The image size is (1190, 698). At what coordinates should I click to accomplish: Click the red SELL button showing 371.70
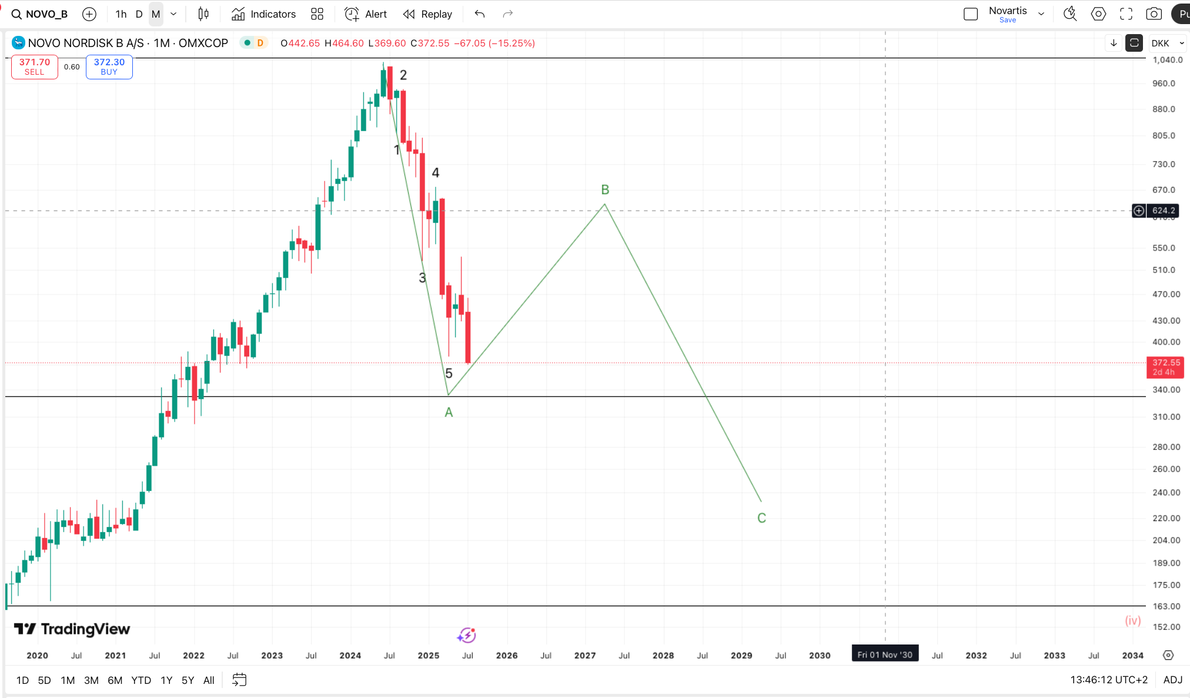[34, 66]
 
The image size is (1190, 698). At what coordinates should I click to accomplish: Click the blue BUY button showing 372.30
[109, 66]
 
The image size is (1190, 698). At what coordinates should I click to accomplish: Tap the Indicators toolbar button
[263, 14]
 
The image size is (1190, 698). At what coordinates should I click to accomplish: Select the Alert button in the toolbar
[366, 14]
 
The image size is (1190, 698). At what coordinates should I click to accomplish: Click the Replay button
[427, 14]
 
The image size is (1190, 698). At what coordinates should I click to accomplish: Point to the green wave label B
[605, 190]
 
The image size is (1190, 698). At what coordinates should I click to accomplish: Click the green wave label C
[761, 518]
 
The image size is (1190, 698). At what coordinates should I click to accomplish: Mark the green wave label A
[449, 413]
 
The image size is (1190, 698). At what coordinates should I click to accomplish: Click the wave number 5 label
[449, 373]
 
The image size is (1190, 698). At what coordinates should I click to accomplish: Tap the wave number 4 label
[436, 173]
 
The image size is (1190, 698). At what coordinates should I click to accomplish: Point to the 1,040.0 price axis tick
[1167, 60]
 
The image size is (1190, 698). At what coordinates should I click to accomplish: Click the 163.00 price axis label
[1166, 606]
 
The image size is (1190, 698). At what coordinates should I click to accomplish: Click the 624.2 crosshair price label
[1163, 211]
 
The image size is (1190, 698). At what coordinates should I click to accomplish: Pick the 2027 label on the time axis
[585, 655]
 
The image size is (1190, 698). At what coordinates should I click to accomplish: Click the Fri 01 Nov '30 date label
[885, 654]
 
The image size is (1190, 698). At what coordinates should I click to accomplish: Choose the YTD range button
[141, 680]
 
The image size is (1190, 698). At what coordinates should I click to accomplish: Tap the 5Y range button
[188, 680]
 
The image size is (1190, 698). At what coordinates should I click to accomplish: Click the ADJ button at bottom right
[1172, 680]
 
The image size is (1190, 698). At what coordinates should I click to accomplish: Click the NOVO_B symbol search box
[40, 14]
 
